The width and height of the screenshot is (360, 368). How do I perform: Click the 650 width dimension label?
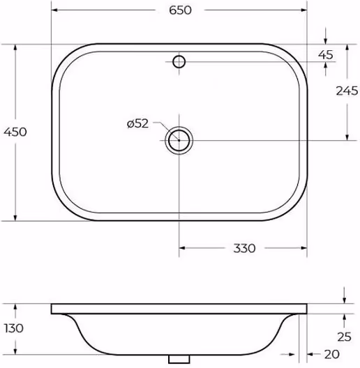[x=180, y=10]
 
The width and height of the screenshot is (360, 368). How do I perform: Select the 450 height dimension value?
[x=15, y=132]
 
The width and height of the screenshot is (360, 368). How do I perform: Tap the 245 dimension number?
[x=347, y=91]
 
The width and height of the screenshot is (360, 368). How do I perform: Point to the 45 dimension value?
[x=326, y=55]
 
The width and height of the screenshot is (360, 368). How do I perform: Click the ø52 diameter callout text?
[x=137, y=123]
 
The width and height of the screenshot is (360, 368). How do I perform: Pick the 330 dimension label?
[x=244, y=248]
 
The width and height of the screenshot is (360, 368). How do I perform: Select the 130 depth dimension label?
[x=14, y=328]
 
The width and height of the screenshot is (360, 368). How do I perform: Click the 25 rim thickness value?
[x=344, y=337]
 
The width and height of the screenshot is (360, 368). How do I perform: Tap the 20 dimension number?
[x=332, y=354]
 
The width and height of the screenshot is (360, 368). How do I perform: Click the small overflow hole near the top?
[x=179, y=62]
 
